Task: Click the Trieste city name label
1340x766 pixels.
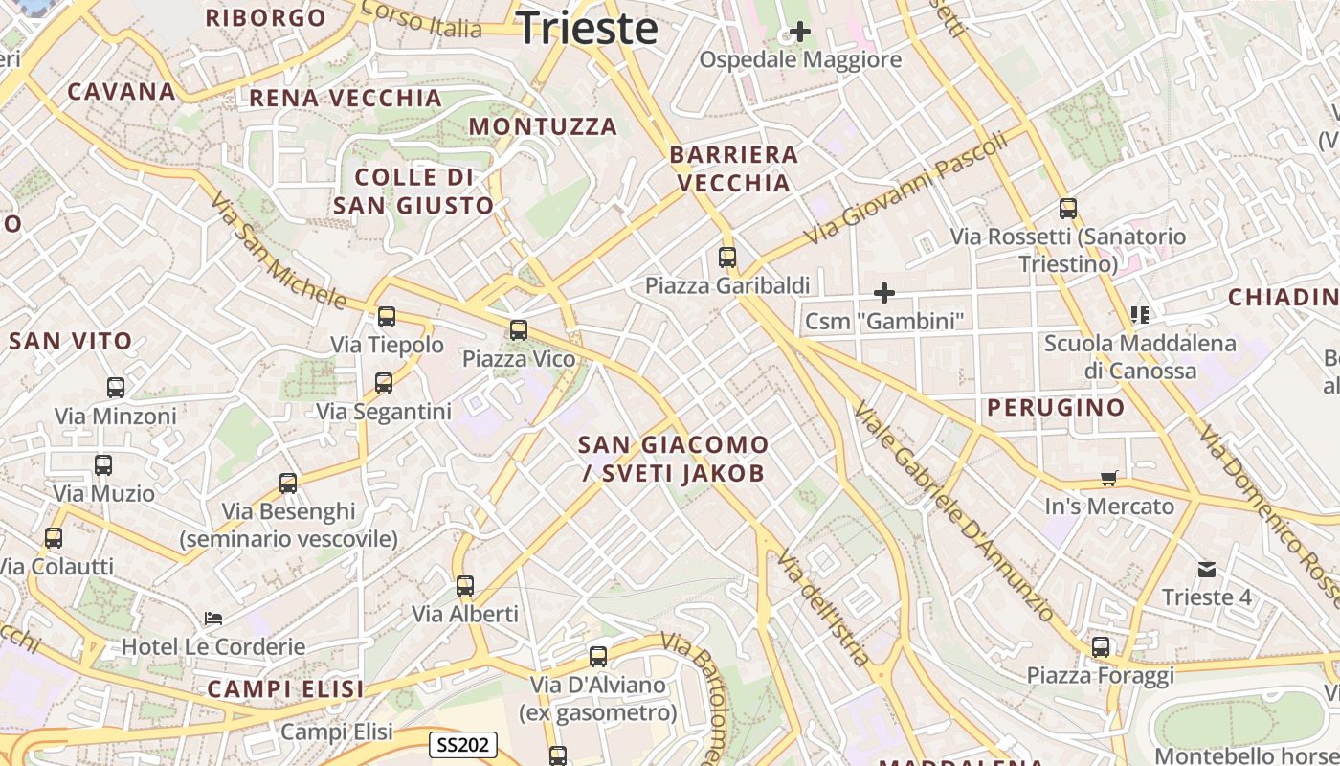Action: click(588, 28)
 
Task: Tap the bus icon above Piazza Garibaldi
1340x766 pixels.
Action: click(727, 257)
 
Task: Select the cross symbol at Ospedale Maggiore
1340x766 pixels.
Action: click(799, 32)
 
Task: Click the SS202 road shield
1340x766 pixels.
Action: click(463, 744)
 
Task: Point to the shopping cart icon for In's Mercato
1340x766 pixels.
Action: click(1109, 478)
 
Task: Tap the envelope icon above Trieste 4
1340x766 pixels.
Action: click(1207, 570)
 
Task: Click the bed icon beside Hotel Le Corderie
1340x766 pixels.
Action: click(213, 619)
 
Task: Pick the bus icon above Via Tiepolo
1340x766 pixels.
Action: click(387, 316)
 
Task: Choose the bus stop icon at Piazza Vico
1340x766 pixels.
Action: click(519, 330)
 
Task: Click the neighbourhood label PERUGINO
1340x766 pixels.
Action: click(1056, 408)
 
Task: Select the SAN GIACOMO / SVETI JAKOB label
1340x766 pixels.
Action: click(673, 459)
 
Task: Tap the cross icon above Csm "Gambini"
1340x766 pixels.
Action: click(884, 292)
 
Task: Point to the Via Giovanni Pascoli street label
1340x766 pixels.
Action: click(905, 188)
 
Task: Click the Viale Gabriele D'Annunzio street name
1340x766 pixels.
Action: click(953, 511)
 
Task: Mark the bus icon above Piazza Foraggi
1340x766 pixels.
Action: click(1101, 647)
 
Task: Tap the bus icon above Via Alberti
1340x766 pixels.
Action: click(465, 585)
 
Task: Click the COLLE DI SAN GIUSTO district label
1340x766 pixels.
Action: click(413, 191)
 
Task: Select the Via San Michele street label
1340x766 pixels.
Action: click(278, 251)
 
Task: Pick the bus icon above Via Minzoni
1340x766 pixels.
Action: click(116, 388)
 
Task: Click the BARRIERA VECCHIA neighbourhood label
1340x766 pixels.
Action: click(734, 169)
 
